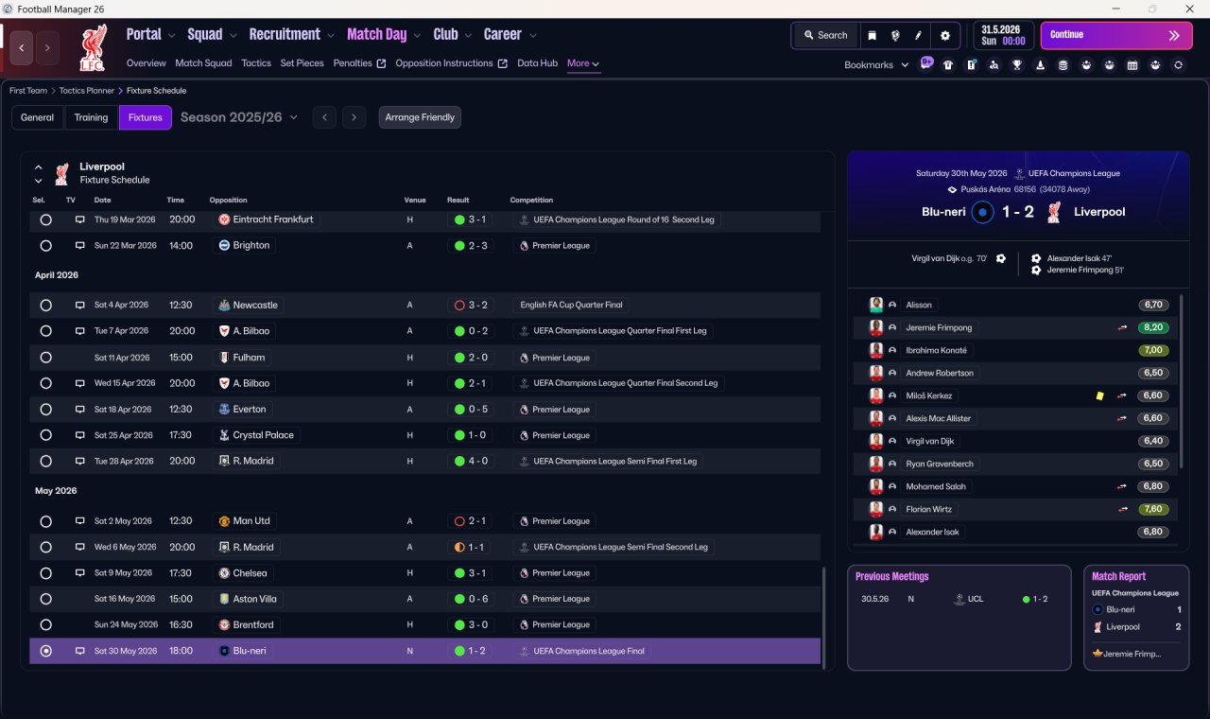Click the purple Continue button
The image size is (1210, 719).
[1116, 35]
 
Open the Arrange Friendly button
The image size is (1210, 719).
[420, 117]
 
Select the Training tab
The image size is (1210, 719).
[91, 117]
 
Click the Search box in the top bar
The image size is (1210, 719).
[826, 35]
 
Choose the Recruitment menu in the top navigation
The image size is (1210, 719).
[285, 35]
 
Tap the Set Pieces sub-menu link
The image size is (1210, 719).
[302, 63]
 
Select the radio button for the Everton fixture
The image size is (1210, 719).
[46, 410]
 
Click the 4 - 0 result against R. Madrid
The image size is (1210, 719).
[472, 461]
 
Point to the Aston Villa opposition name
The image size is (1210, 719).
[254, 599]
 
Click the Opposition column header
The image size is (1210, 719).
[228, 200]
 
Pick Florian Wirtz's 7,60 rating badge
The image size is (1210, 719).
[1153, 509]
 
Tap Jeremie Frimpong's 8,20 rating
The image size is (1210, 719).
[1153, 327]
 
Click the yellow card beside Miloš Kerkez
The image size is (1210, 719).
[1099, 396]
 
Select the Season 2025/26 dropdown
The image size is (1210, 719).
[239, 117]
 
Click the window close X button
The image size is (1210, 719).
[1190, 9]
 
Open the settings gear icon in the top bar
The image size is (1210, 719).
[944, 36]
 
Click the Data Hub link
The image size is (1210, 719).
[537, 63]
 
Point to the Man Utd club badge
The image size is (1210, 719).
[224, 521]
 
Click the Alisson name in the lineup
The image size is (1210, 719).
[918, 305]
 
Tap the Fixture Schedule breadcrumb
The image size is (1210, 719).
[156, 91]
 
